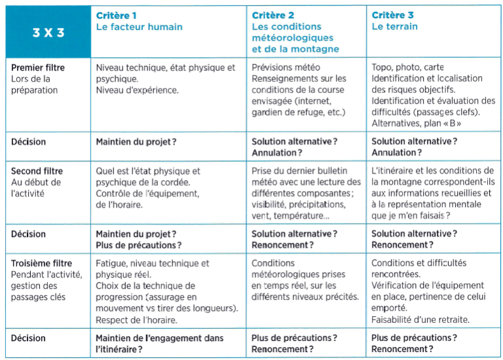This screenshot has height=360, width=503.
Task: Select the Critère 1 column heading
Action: [117, 15]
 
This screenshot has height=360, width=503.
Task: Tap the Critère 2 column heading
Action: [272, 15]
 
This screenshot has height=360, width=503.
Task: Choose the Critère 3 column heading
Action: [392, 15]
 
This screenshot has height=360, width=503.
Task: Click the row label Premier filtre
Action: [38, 67]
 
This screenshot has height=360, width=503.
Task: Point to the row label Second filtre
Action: [37, 171]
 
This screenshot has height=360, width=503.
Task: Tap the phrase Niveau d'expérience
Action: [137, 90]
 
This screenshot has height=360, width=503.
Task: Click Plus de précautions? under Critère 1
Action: [139, 245]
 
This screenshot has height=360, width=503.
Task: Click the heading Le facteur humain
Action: [139, 27]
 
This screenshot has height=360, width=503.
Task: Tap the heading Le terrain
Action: [394, 27]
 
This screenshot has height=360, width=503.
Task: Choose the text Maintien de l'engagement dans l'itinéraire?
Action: [159, 343]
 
